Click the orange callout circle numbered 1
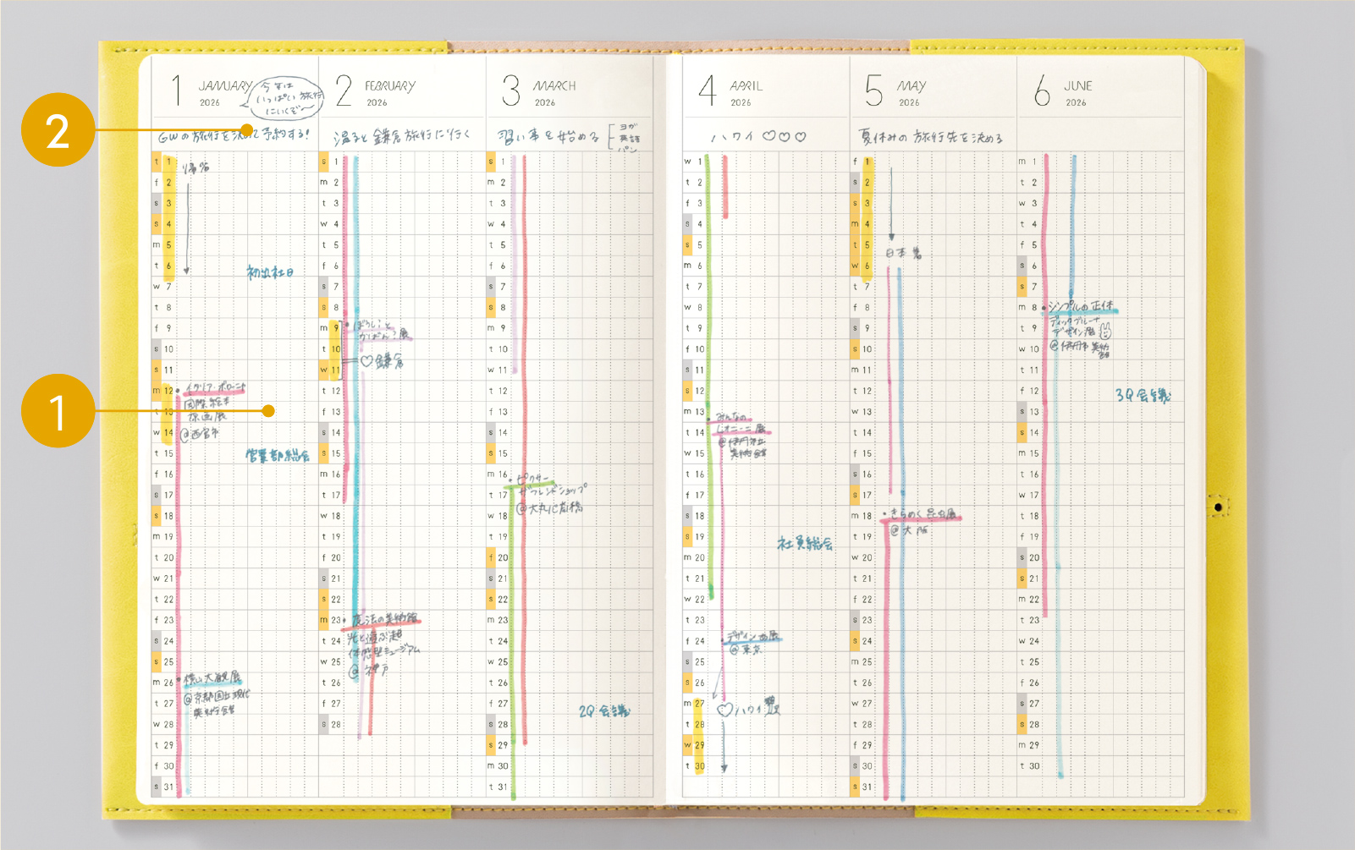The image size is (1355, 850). tap(58, 411)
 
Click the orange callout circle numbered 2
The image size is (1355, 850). tap(58, 129)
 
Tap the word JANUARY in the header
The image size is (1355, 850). tap(224, 85)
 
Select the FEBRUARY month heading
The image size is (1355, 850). tap(390, 85)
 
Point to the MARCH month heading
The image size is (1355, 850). tap(554, 85)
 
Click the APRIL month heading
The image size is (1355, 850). tap(746, 85)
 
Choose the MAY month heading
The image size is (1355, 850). tap(912, 85)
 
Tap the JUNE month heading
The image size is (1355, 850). tap(1077, 85)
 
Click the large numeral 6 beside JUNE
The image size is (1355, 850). tap(1042, 90)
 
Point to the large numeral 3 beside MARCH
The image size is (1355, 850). tap(510, 90)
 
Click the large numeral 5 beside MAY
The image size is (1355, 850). tap(873, 90)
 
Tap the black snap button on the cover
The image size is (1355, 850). tap(1218, 507)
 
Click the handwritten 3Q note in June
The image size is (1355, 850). tap(1143, 395)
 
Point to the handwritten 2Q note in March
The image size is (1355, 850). tap(603, 711)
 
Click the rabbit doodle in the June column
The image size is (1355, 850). tap(1105, 331)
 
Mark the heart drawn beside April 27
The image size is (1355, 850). tap(724, 710)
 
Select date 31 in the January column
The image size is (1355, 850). tap(168, 787)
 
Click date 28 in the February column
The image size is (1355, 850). tap(336, 724)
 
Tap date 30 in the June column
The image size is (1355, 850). tap(1034, 765)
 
